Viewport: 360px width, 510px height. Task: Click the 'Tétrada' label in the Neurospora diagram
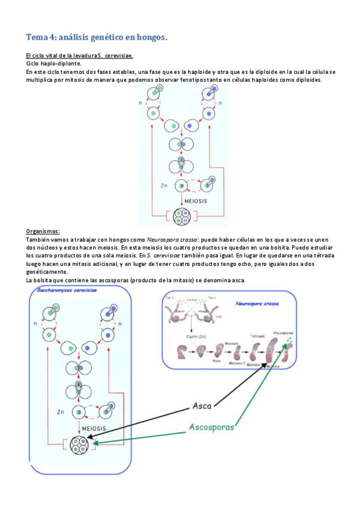(x=257, y=336)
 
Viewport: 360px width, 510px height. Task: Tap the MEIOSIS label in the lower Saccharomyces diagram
(x=90, y=429)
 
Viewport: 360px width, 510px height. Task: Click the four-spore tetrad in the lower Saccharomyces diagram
(x=79, y=445)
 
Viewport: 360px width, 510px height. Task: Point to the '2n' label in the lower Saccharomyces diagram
(x=60, y=413)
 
